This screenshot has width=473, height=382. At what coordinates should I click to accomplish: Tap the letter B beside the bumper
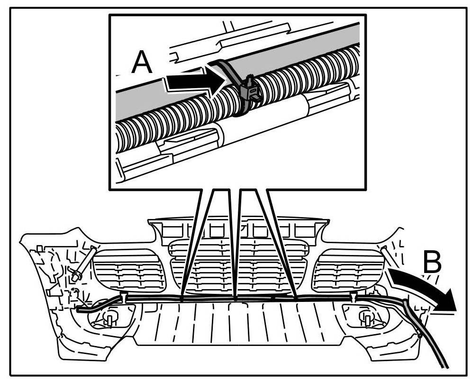click(x=432, y=261)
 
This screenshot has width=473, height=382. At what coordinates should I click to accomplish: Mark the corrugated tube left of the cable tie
click(x=180, y=114)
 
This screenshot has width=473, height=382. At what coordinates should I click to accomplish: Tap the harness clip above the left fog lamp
click(x=123, y=297)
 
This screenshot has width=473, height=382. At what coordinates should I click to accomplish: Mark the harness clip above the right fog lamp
click(x=354, y=297)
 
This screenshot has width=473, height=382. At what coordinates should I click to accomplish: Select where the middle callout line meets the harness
click(x=236, y=299)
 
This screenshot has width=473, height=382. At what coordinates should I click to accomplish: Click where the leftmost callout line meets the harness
click(x=182, y=299)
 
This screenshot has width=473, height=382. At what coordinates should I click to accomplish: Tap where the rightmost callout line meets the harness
click(x=296, y=299)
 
